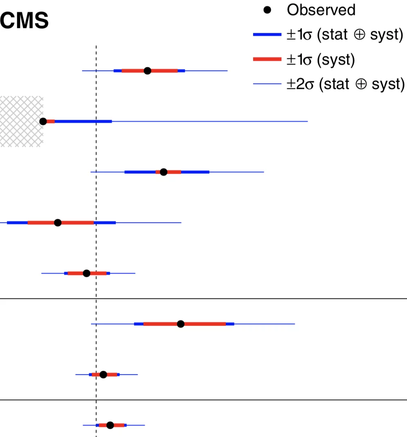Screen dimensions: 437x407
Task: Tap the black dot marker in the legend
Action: [267, 10]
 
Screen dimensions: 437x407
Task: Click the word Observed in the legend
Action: [321, 10]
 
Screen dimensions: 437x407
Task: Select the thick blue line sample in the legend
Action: [267, 35]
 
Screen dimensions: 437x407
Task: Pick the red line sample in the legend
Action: [267, 60]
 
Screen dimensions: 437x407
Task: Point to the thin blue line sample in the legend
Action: [267, 84]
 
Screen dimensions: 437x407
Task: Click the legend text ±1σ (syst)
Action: [320, 60]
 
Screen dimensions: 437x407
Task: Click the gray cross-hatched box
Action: [20, 121]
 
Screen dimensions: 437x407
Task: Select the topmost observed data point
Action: [147, 71]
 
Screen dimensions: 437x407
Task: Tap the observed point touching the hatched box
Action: [43, 121]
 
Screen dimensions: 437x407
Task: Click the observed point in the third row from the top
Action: [164, 172]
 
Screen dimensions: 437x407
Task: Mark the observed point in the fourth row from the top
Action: [58, 223]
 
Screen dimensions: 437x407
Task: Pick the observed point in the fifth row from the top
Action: [86, 273]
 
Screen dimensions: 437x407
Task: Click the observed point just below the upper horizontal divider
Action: [181, 324]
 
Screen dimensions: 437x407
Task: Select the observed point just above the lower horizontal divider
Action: [103, 374]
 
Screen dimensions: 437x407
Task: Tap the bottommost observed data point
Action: [110, 425]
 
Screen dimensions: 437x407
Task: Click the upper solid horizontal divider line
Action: [244, 299]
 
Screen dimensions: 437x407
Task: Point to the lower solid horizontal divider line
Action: [244, 400]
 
